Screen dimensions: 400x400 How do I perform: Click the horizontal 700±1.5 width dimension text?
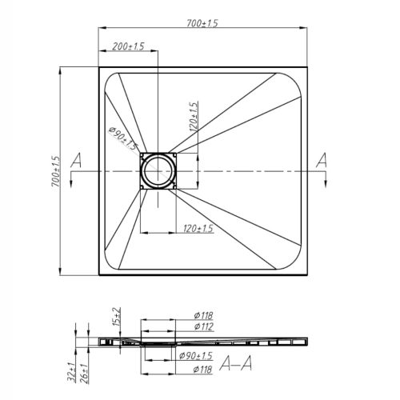click(x=202, y=23)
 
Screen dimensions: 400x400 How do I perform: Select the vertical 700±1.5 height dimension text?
click(x=57, y=171)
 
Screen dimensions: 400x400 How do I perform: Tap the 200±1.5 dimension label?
click(x=128, y=46)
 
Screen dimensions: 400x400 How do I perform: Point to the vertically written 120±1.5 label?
click(x=194, y=116)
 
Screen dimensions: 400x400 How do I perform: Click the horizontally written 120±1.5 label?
click(x=198, y=229)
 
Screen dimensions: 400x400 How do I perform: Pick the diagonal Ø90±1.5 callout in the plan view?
click(x=123, y=138)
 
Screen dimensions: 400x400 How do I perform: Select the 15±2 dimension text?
click(x=117, y=317)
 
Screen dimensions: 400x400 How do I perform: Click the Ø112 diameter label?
click(x=203, y=326)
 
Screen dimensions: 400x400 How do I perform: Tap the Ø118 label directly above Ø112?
click(x=203, y=316)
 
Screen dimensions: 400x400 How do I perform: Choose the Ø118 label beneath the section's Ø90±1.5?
click(x=203, y=370)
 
